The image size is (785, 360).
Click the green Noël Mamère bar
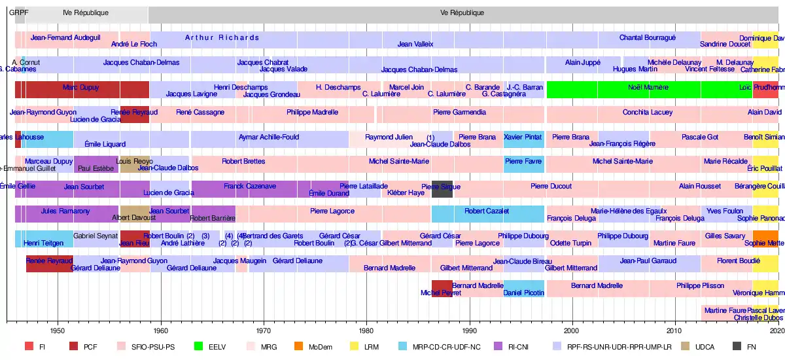648,90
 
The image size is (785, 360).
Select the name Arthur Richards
222,37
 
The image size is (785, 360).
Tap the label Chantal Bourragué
648,37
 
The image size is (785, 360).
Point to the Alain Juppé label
573,62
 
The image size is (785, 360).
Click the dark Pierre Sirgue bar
442,189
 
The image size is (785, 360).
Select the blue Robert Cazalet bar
487,214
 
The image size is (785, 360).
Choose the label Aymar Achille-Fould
268,137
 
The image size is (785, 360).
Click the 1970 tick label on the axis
264,331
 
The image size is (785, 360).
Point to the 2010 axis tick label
675,331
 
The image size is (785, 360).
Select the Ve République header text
462,12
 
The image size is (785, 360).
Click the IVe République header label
86,12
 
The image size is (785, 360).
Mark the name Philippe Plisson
700,285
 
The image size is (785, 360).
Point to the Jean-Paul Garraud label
648,261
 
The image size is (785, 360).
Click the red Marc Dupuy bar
81,88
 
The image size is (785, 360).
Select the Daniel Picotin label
524,293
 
